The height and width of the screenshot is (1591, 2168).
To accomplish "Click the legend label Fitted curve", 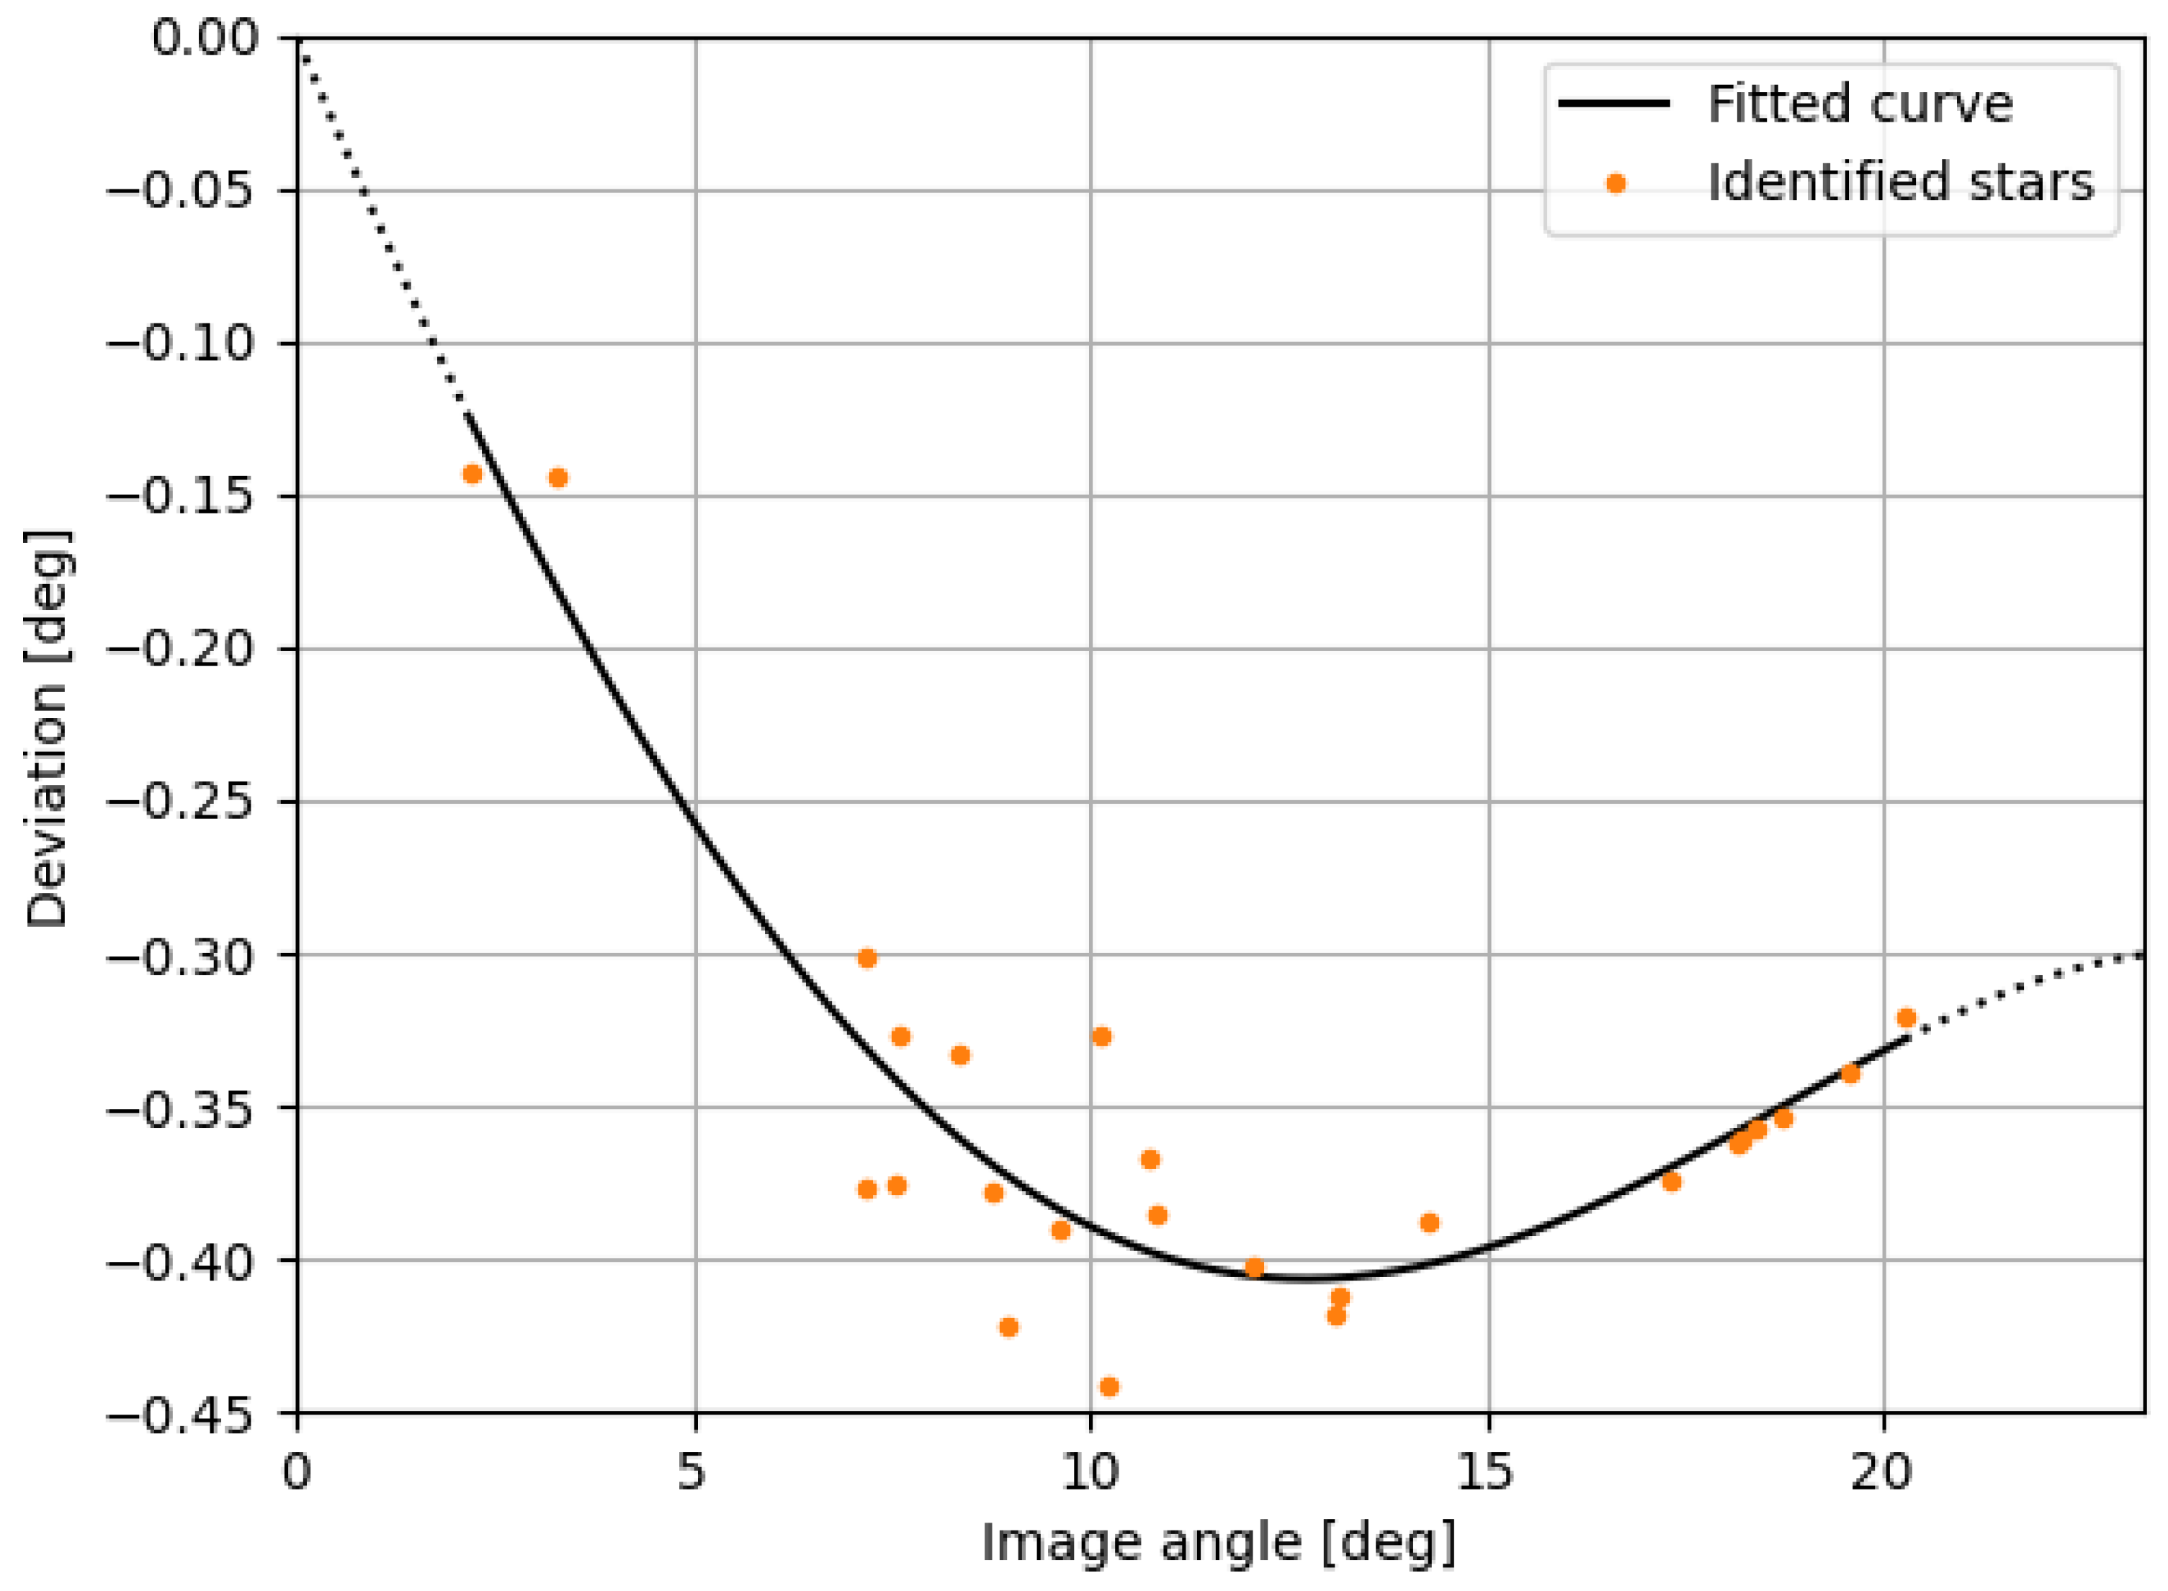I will coord(1860,104).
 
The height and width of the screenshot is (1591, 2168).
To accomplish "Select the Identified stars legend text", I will coord(1900,183).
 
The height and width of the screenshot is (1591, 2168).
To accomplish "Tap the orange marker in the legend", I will coord(1616,184).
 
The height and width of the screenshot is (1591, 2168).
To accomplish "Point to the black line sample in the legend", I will coord(1614,104).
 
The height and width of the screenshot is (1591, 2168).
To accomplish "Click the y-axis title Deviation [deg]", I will coord(46,729).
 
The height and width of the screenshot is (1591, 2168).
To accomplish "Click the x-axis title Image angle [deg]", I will coord(1219,1543).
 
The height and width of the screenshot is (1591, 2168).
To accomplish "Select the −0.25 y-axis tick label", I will coord(184,802).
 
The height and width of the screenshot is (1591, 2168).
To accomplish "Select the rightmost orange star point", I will coord(1906,1018).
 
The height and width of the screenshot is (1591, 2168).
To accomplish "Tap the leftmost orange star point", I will coord(472,474).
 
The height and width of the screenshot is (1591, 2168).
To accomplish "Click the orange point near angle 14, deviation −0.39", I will coord(1429,1223).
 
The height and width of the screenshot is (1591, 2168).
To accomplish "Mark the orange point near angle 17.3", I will coord(1672,1182).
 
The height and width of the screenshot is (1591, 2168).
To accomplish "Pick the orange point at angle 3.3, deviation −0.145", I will coord(557,478).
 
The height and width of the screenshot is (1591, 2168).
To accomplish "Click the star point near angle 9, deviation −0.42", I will coord(1008,1327).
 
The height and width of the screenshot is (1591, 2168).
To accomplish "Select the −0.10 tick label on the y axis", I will coord(184,344).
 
